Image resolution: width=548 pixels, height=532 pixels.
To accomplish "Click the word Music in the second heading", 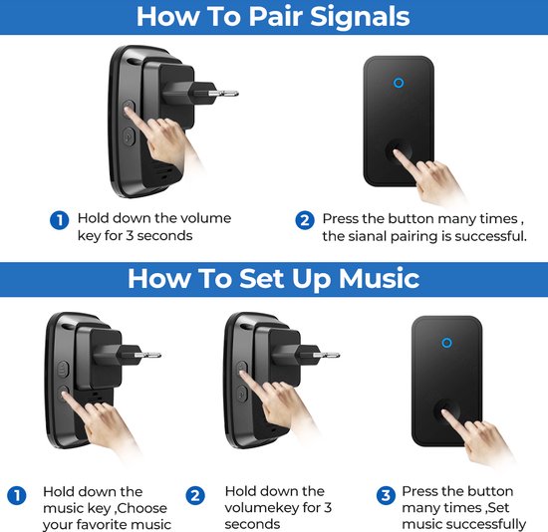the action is click(379, 279).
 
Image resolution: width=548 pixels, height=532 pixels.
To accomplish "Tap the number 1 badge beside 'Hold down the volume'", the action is click(60, 220).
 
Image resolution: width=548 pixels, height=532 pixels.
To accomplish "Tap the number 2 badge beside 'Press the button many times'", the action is click(305, 220).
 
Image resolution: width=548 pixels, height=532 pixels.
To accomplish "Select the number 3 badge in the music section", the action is click(386, 495).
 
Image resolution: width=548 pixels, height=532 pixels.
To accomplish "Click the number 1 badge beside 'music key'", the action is click(16, 495).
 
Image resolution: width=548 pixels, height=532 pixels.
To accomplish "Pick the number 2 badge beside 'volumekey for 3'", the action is click(195, 495).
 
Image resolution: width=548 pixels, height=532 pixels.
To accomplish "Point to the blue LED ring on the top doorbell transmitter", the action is click(399, 83).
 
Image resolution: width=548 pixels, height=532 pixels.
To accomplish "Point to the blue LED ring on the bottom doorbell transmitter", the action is click(446, 343).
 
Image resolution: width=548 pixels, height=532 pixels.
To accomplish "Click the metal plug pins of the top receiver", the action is click(223, 94).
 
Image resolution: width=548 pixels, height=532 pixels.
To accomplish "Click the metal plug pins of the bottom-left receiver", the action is click(147, 356).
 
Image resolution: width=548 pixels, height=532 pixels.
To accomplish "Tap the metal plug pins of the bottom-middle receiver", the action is click(327, 356).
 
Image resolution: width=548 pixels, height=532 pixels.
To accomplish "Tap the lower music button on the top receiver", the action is click(129, 135).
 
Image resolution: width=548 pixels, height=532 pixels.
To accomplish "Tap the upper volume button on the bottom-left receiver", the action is click(63, 370).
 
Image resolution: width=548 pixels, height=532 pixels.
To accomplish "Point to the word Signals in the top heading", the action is click(360, 18).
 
